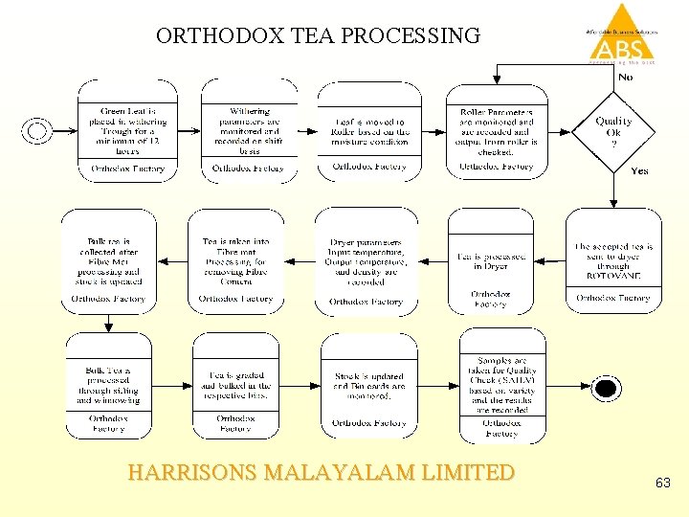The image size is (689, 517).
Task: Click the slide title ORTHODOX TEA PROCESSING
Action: pyautogui.click(x=318, y=36)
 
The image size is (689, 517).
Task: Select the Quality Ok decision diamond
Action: pyautogui.click(x=613, y=128)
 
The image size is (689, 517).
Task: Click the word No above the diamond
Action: pyautogui.click(x=625, y=77)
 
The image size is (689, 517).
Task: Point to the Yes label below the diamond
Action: pyautogui.click(x=639, y=171)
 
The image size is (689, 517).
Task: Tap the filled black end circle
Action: pyautogui.click(x=605, y=388)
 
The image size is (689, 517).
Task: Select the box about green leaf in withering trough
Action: pyautogui.click(x=128, y=131)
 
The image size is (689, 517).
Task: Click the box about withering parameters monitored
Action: pyautogui.click(x=249, y=131)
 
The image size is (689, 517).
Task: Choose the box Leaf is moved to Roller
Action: pyautogui.click(x=369, y=131)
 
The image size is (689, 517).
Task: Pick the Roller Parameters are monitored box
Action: pyautogui.click(x=497, y=131)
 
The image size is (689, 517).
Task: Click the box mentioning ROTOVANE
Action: pyautogui.click(x=613, y=260)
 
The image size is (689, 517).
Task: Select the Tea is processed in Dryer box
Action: pyautogui.click(x=491, y=260)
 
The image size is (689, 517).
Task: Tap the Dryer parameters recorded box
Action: pyautogui.click(x=367, y=260)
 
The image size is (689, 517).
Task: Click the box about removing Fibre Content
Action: pyautogui.click(x=236, y=260)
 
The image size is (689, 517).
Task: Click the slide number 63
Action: pyautogui.click(x=664, y=484)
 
